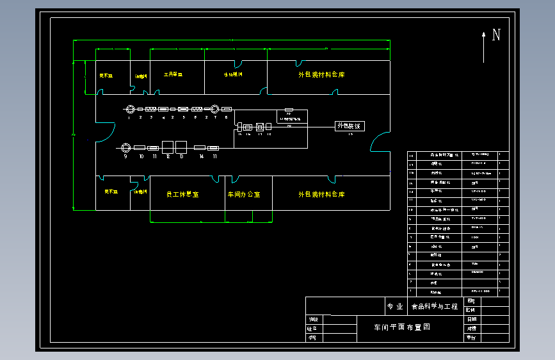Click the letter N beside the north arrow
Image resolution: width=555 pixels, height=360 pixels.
495,35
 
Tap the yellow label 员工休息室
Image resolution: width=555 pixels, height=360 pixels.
182,194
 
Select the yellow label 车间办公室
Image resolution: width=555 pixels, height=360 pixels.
244,194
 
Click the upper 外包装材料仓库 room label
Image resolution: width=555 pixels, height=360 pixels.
321,75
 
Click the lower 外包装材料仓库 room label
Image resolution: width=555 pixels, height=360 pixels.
321,194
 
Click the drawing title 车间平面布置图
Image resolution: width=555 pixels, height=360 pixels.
402,326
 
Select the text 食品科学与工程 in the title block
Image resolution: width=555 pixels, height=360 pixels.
435,306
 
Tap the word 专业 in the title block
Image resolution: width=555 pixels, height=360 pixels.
395,306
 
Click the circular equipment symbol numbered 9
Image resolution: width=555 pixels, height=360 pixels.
125,147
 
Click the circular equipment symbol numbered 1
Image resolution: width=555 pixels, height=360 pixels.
129,110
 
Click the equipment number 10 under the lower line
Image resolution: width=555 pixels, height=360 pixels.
141,156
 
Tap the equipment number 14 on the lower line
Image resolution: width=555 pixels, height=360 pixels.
201,156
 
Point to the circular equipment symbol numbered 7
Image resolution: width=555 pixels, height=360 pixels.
216,110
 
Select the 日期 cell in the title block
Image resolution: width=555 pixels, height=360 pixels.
472,319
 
